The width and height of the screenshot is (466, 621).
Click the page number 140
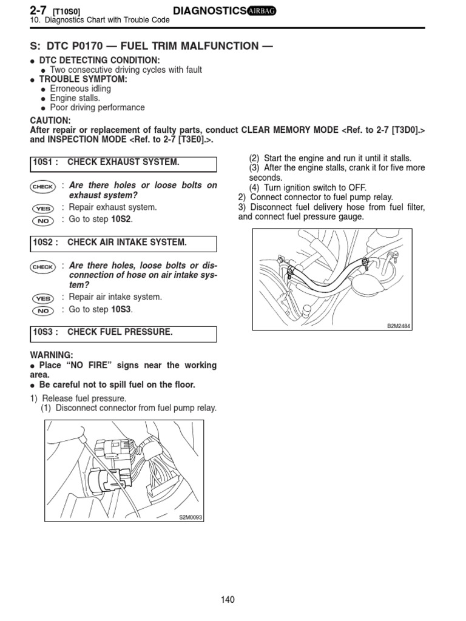pyautogui.click(x=228, y=600)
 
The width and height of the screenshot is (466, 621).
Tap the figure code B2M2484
pyautogui.click(x=399, y=326)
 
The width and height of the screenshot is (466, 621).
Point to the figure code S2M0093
pyautogui.click(x=191, y=517)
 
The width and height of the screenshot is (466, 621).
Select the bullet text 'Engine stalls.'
pyautogui.click(x=75, y=98)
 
